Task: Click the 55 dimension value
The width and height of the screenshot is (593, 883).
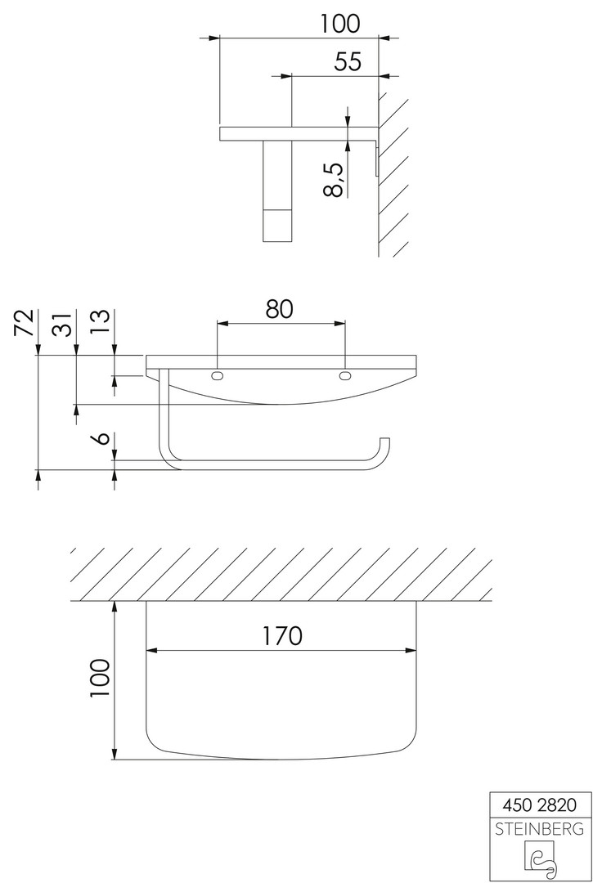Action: (x=348, y=61)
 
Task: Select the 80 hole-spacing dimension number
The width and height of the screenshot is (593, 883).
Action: (x=280, y=308)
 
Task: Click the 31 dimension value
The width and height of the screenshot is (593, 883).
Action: (x=62, y=323)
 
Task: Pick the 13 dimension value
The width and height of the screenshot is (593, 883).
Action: (x=101, y=323)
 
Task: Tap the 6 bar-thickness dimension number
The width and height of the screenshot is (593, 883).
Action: (x=102, y=439)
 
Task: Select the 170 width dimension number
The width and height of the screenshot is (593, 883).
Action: (x=281, y=636)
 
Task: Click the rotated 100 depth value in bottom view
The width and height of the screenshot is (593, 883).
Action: (x=101, y=678)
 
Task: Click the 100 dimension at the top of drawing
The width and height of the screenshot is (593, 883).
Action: (x=339, y=24)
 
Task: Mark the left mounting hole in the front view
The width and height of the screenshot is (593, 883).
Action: (x=218, y=375)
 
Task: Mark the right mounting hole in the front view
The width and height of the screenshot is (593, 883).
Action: (x=344, y=375)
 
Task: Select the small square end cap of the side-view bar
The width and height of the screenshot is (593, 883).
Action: (x=277, y=226)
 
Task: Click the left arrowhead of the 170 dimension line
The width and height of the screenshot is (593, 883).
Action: (x=151, y=650)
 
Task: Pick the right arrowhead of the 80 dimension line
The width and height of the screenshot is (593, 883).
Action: (x=339, y=323)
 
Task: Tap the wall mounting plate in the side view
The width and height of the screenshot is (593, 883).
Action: (x=376, y=160)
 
